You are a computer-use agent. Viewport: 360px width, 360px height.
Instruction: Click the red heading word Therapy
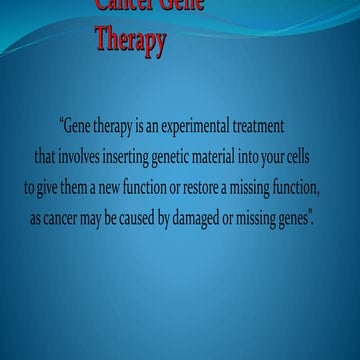click(x=130, y=42)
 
